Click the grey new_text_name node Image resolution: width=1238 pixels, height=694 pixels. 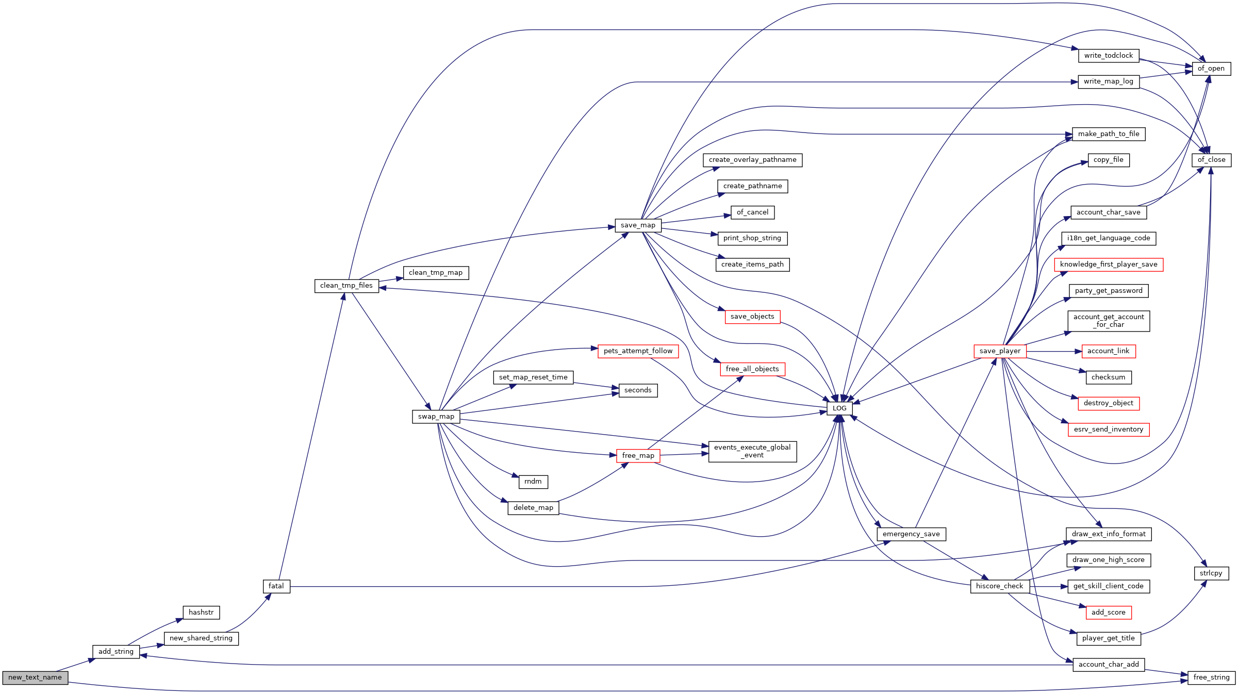point(35,678)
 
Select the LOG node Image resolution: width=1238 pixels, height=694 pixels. point(839,408)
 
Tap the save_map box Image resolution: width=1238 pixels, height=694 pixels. point(638,225)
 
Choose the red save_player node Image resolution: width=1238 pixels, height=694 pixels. point(1000,351)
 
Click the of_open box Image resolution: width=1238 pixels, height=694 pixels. point(1211,69)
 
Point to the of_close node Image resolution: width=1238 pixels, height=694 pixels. point(1211,160)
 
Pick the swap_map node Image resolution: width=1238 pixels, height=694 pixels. point(436,417)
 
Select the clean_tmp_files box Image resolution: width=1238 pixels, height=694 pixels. point(346,286)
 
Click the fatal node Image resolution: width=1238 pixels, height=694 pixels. point(276,586)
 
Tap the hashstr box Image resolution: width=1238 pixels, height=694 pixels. point(201,613)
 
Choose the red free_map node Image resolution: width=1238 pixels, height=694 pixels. point(638,456)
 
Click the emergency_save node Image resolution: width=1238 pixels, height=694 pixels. point(911,534)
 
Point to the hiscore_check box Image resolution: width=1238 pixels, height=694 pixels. point(1000,586)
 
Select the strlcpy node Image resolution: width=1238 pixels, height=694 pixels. point(1211,573)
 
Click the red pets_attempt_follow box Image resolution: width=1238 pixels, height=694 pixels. point(638,351)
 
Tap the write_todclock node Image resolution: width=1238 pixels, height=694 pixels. point(1109,56)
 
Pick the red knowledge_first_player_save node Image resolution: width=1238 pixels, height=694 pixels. point(1109,265)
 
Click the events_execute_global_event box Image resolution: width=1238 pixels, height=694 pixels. point(752,452)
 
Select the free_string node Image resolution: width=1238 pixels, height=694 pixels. point(1211,678)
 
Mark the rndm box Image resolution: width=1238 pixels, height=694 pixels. point(533,482)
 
